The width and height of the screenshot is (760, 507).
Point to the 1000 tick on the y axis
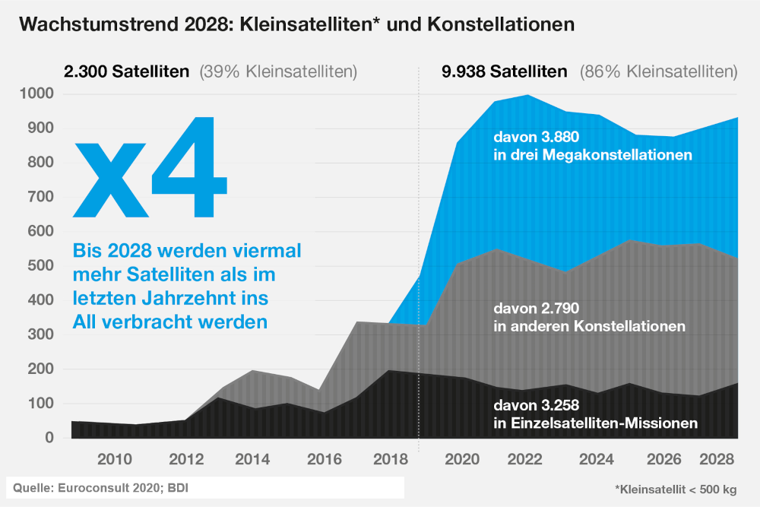(38, 94)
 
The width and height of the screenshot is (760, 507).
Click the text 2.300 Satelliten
(126, 72)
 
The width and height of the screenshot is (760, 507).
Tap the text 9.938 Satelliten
(504, 72)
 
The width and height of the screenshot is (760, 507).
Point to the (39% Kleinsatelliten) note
(278, 72)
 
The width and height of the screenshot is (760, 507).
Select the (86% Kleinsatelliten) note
(658, 72)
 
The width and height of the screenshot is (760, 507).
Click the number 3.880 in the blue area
(560, 138)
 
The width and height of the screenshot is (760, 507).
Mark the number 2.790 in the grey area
(560, 309)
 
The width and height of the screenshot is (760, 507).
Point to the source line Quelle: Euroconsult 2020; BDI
(98, 487)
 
